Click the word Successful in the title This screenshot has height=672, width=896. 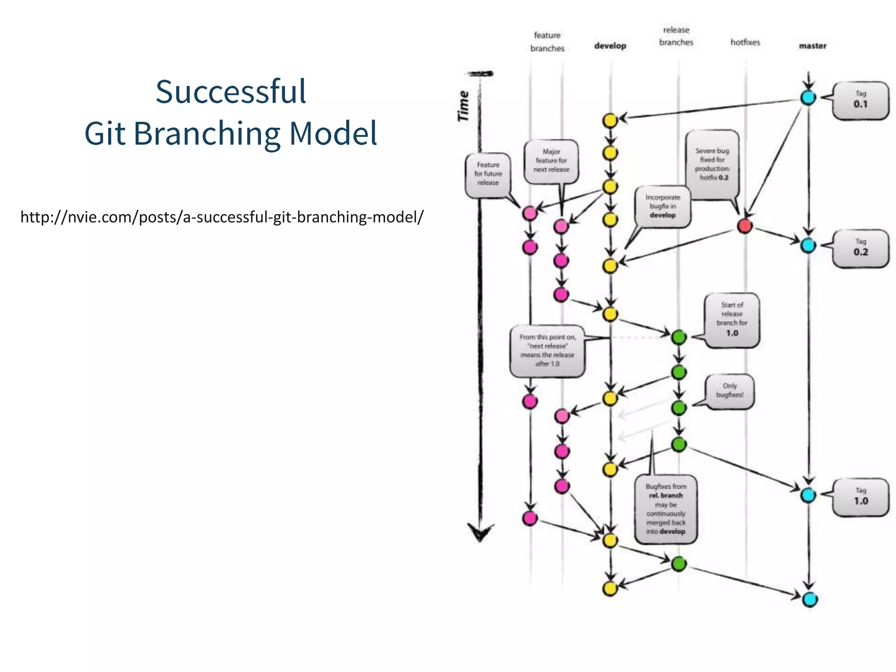(231, 92)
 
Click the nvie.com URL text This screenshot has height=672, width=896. (222, 217)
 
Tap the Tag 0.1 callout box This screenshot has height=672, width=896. (860, 101)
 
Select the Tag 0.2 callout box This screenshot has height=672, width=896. (860, 248)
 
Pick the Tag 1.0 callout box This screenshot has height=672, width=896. (860, 497)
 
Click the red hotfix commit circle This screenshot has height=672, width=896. (745, 226)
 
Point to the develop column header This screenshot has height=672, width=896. (610, 46)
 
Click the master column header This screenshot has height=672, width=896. (812, 46)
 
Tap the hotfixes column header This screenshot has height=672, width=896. (745, 42)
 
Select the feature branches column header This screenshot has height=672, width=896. (547, 42)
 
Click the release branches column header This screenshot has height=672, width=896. (676, 36)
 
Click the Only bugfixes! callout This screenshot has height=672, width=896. (729, 391)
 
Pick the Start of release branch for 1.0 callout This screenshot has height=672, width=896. (731, 320)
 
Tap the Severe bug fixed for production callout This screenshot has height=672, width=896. (712, 164)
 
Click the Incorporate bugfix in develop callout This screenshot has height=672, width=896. (662, 206)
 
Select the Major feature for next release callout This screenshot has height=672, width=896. (551, 161)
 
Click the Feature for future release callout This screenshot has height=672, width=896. (488, 174)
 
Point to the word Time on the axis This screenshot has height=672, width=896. (463, 106)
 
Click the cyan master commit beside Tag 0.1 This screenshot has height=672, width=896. (808, 98)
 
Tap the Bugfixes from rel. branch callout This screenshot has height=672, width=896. (665, 509)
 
